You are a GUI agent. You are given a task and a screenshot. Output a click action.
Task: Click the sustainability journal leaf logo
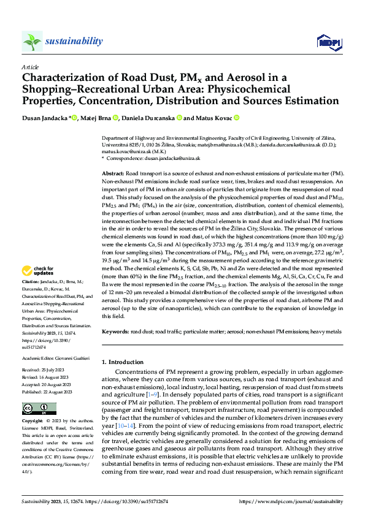tap(33, 41)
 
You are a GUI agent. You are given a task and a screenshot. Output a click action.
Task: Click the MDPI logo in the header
tap(328, 42)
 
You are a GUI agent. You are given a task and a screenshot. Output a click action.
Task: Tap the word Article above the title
tap(30, 67)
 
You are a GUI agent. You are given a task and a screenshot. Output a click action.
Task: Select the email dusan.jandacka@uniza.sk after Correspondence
tap(174, 158)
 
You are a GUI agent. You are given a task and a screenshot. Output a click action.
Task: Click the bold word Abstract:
tap(114, 175)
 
